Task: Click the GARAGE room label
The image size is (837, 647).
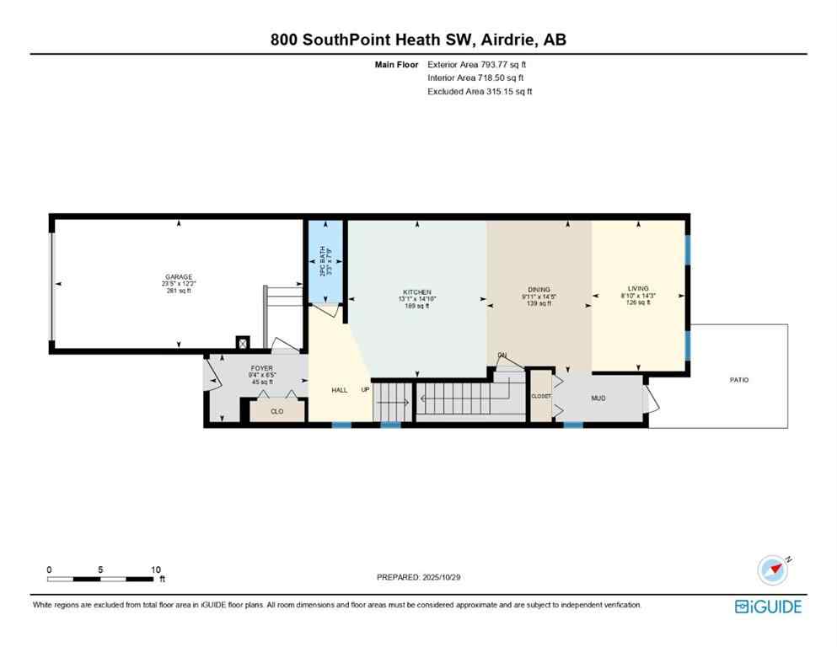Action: [179, 277]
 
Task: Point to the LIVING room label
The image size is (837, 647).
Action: [638, 288]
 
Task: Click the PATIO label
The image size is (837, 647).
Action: [738, 380]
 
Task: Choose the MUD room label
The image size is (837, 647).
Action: [598, 397]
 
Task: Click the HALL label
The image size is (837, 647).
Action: [339, 390]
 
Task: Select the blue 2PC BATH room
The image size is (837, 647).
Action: [325, 261]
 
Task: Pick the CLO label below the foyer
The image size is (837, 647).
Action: [276, 411]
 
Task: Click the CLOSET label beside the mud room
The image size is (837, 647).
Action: [540, 396]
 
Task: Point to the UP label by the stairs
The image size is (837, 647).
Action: [365, 390]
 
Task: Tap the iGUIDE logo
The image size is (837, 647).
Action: [768, 607]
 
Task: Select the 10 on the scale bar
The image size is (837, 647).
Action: [155, 569]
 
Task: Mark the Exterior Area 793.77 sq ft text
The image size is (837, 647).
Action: [480, 64]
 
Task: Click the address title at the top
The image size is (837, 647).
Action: [418, 40]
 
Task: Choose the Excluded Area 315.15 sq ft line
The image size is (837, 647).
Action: [480, 91]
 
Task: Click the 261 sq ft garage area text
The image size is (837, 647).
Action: [179, 291]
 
